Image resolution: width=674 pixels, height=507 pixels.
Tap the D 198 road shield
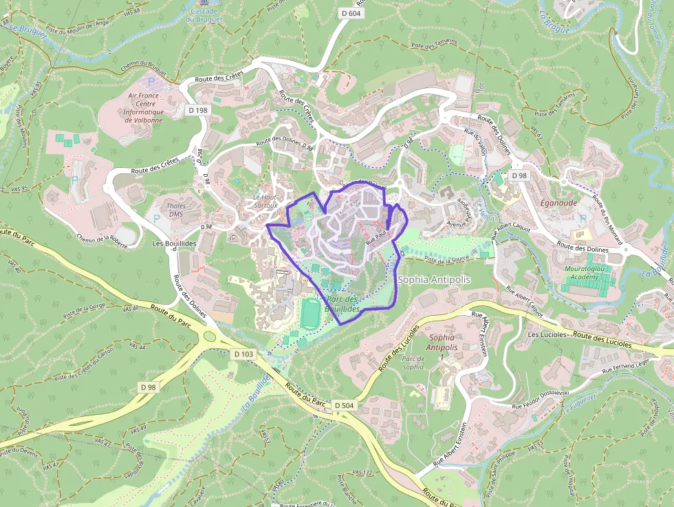click(x=197, y=110)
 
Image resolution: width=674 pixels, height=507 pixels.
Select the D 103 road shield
click(x=243, y=354)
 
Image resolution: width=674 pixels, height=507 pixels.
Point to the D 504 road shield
click(x=344, y=405)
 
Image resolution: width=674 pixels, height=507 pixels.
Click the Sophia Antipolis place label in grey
click(x=435, y=280)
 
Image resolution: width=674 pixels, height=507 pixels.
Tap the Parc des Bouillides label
click(x=343, y=305)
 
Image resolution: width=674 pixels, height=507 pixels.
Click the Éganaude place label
click(x=558, y=203)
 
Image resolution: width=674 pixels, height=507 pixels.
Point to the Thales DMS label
click(x=176, y=209)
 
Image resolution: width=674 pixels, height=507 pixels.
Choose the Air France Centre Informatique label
click(x=144, y=107)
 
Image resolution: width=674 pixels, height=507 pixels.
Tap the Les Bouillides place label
click(x=174, y=244)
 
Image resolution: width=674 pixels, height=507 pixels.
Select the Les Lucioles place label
click(x=547, y=334)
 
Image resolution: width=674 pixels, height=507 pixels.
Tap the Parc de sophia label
click(x=413, y=362)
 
